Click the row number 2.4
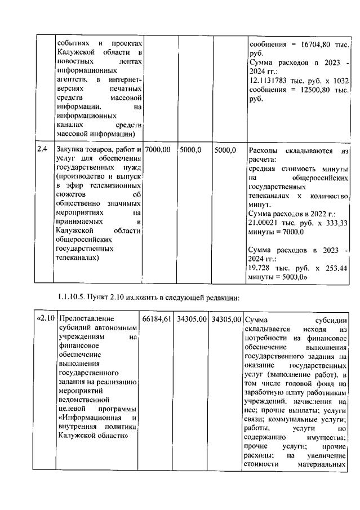[42, 150]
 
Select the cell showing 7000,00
[158, 150]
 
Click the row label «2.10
[46, 320]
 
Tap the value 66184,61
[157, 320]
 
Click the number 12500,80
[313, 90]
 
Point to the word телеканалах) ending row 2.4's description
[78, 258]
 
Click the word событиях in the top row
[73, 43]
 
